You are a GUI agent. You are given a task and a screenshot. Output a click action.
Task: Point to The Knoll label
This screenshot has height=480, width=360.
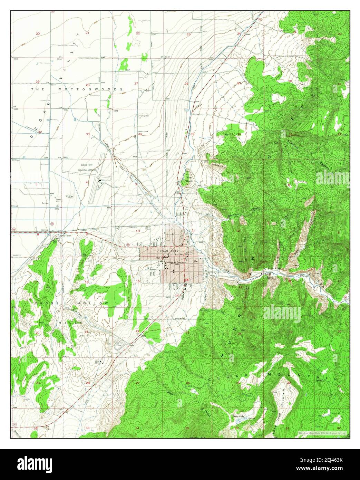[188, 180]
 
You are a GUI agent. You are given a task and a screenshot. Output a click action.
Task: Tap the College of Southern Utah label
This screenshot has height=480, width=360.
[175, 263]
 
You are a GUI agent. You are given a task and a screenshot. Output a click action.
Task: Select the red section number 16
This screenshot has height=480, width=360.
[87, 282]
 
